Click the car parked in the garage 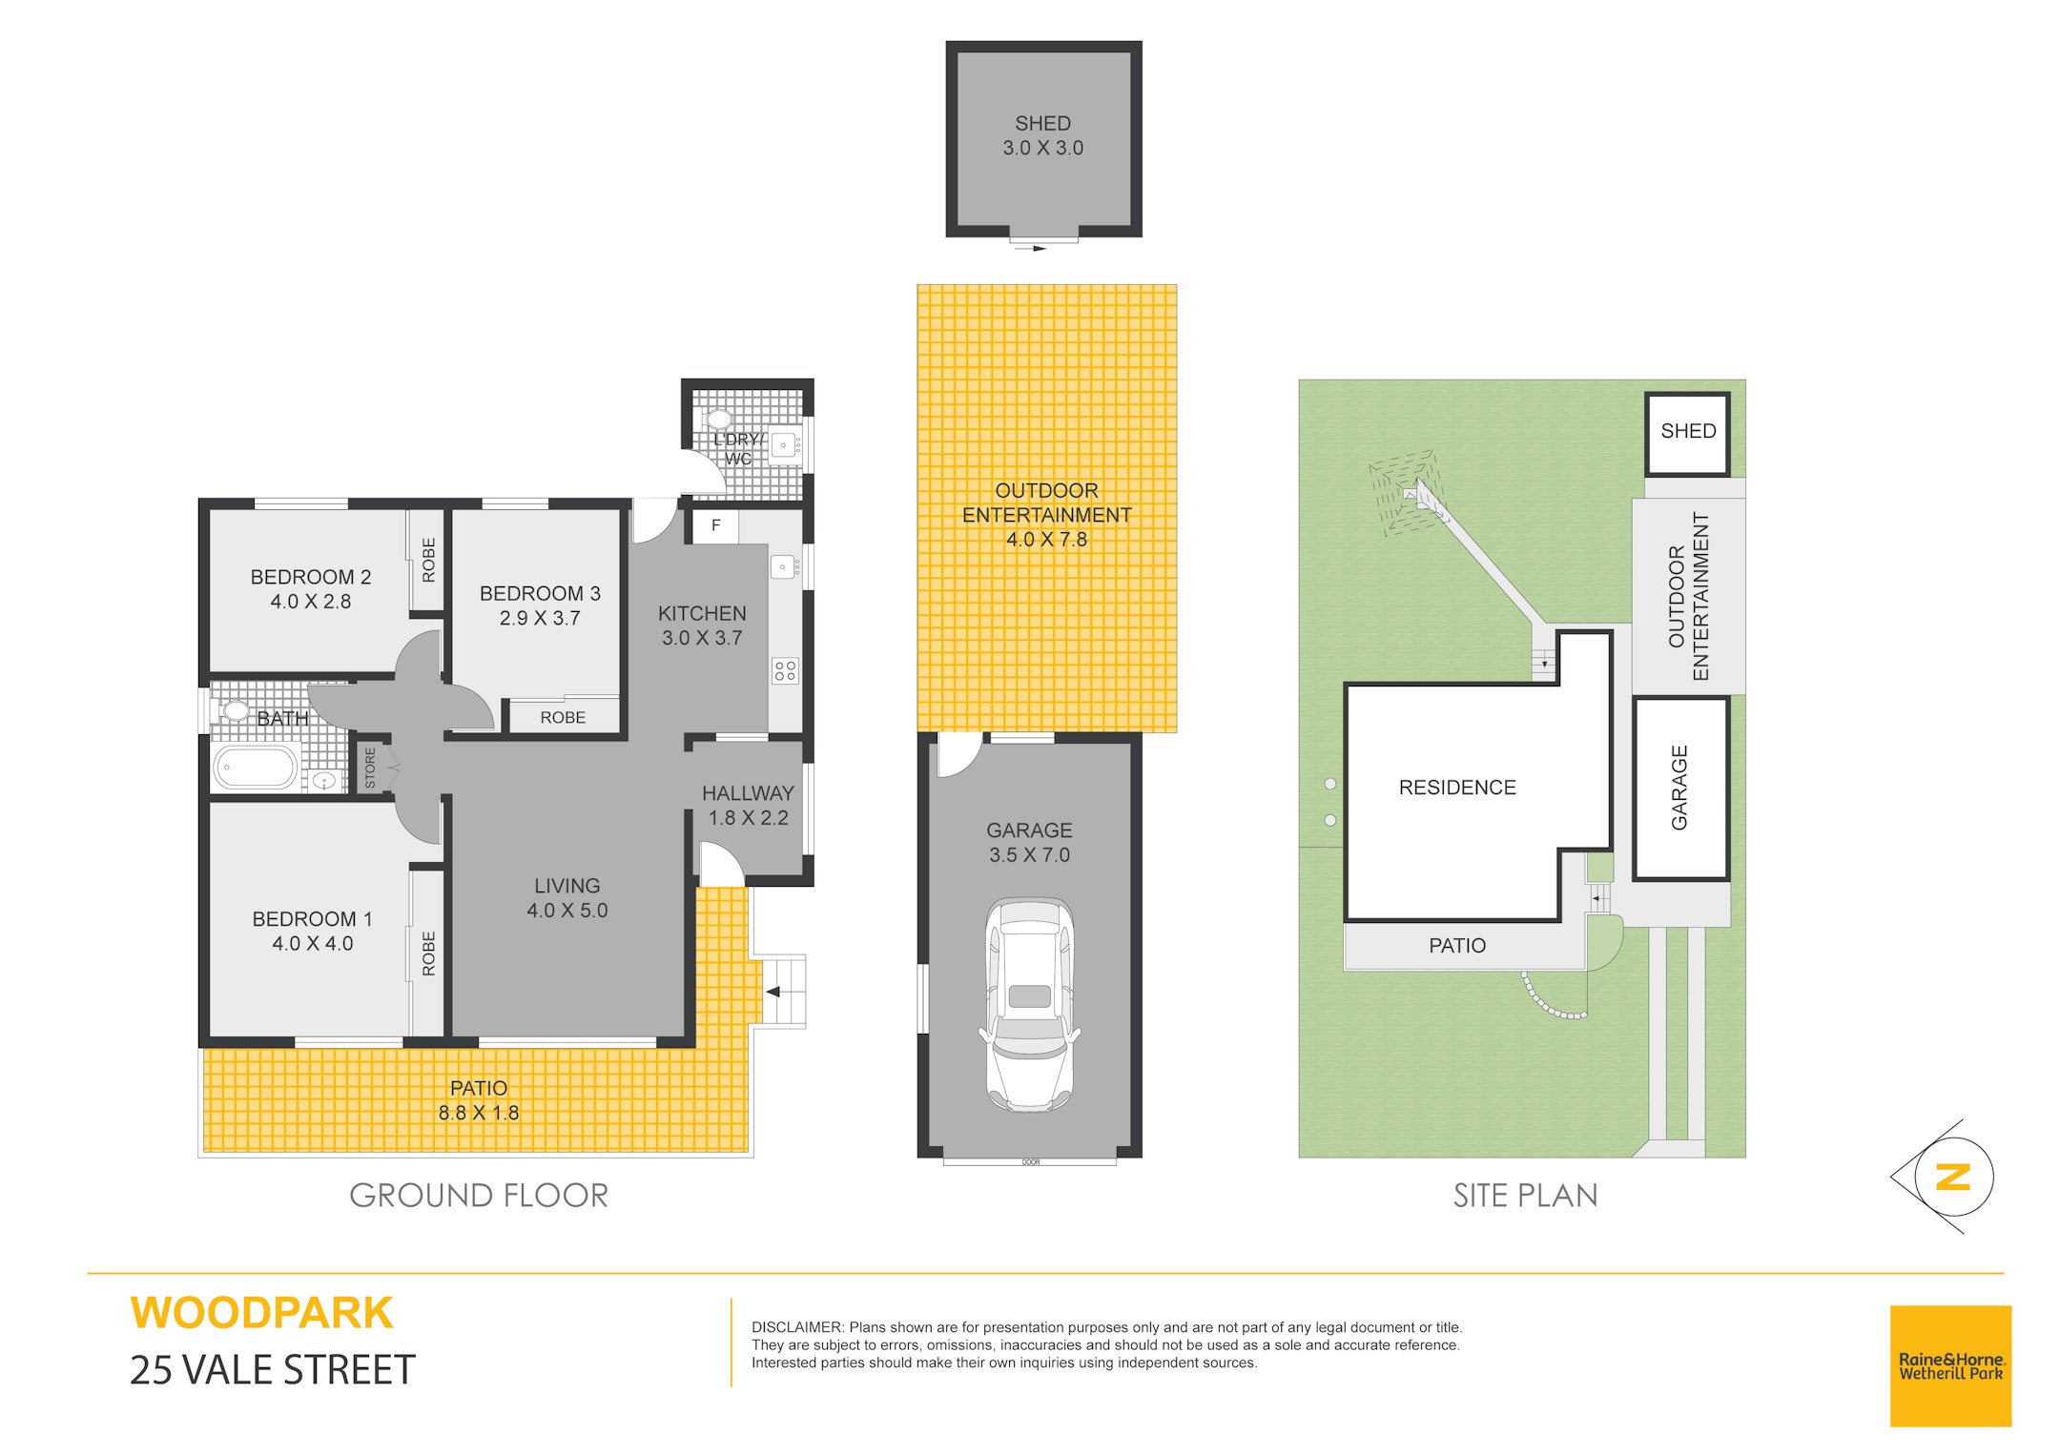tap(1029, 1005)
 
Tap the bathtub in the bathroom tap(256, 769)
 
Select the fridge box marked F tap(715, 526)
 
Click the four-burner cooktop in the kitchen tap(785, 670)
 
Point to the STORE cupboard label tap(370, 768)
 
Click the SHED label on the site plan tap(1688, 431)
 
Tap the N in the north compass tap(1952, 1177)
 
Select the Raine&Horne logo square tap(1950, 1365)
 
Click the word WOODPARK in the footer tap(261, 1313)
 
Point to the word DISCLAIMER tap(797, 1327)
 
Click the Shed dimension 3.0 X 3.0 tap(1042, 148)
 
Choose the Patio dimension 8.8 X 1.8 tap(479, 1113)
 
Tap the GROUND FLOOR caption tap(479, 1196)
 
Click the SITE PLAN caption tap(1525, 1196)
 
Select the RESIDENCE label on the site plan tap(1457, 788)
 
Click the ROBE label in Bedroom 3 tap(563, 717)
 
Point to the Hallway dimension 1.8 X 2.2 tap(748, 818)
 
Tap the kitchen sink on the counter tap(784, 566)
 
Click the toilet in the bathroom tap(233, 710)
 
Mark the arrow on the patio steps tap(773, 992)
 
